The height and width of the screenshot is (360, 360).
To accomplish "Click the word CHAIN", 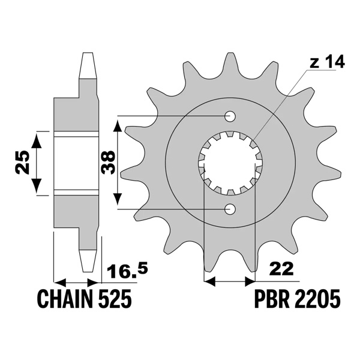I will pyautogui.click(x=64, y=298).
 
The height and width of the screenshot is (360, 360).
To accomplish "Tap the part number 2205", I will pyautogui.click(x=317, y=298).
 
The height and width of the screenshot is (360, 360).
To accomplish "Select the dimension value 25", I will pyautogui.click(x=23, y=163).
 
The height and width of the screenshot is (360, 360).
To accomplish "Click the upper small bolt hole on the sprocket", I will pyautogui.click(x=230, y=116).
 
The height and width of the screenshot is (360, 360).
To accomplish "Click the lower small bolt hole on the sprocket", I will pyautogui.click(x=230, y=208).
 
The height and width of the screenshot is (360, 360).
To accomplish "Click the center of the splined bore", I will pyautogui.click(x=230, y=163).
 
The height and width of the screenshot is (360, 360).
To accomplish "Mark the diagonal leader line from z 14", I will pyautogui.click(x=282, y=102).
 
